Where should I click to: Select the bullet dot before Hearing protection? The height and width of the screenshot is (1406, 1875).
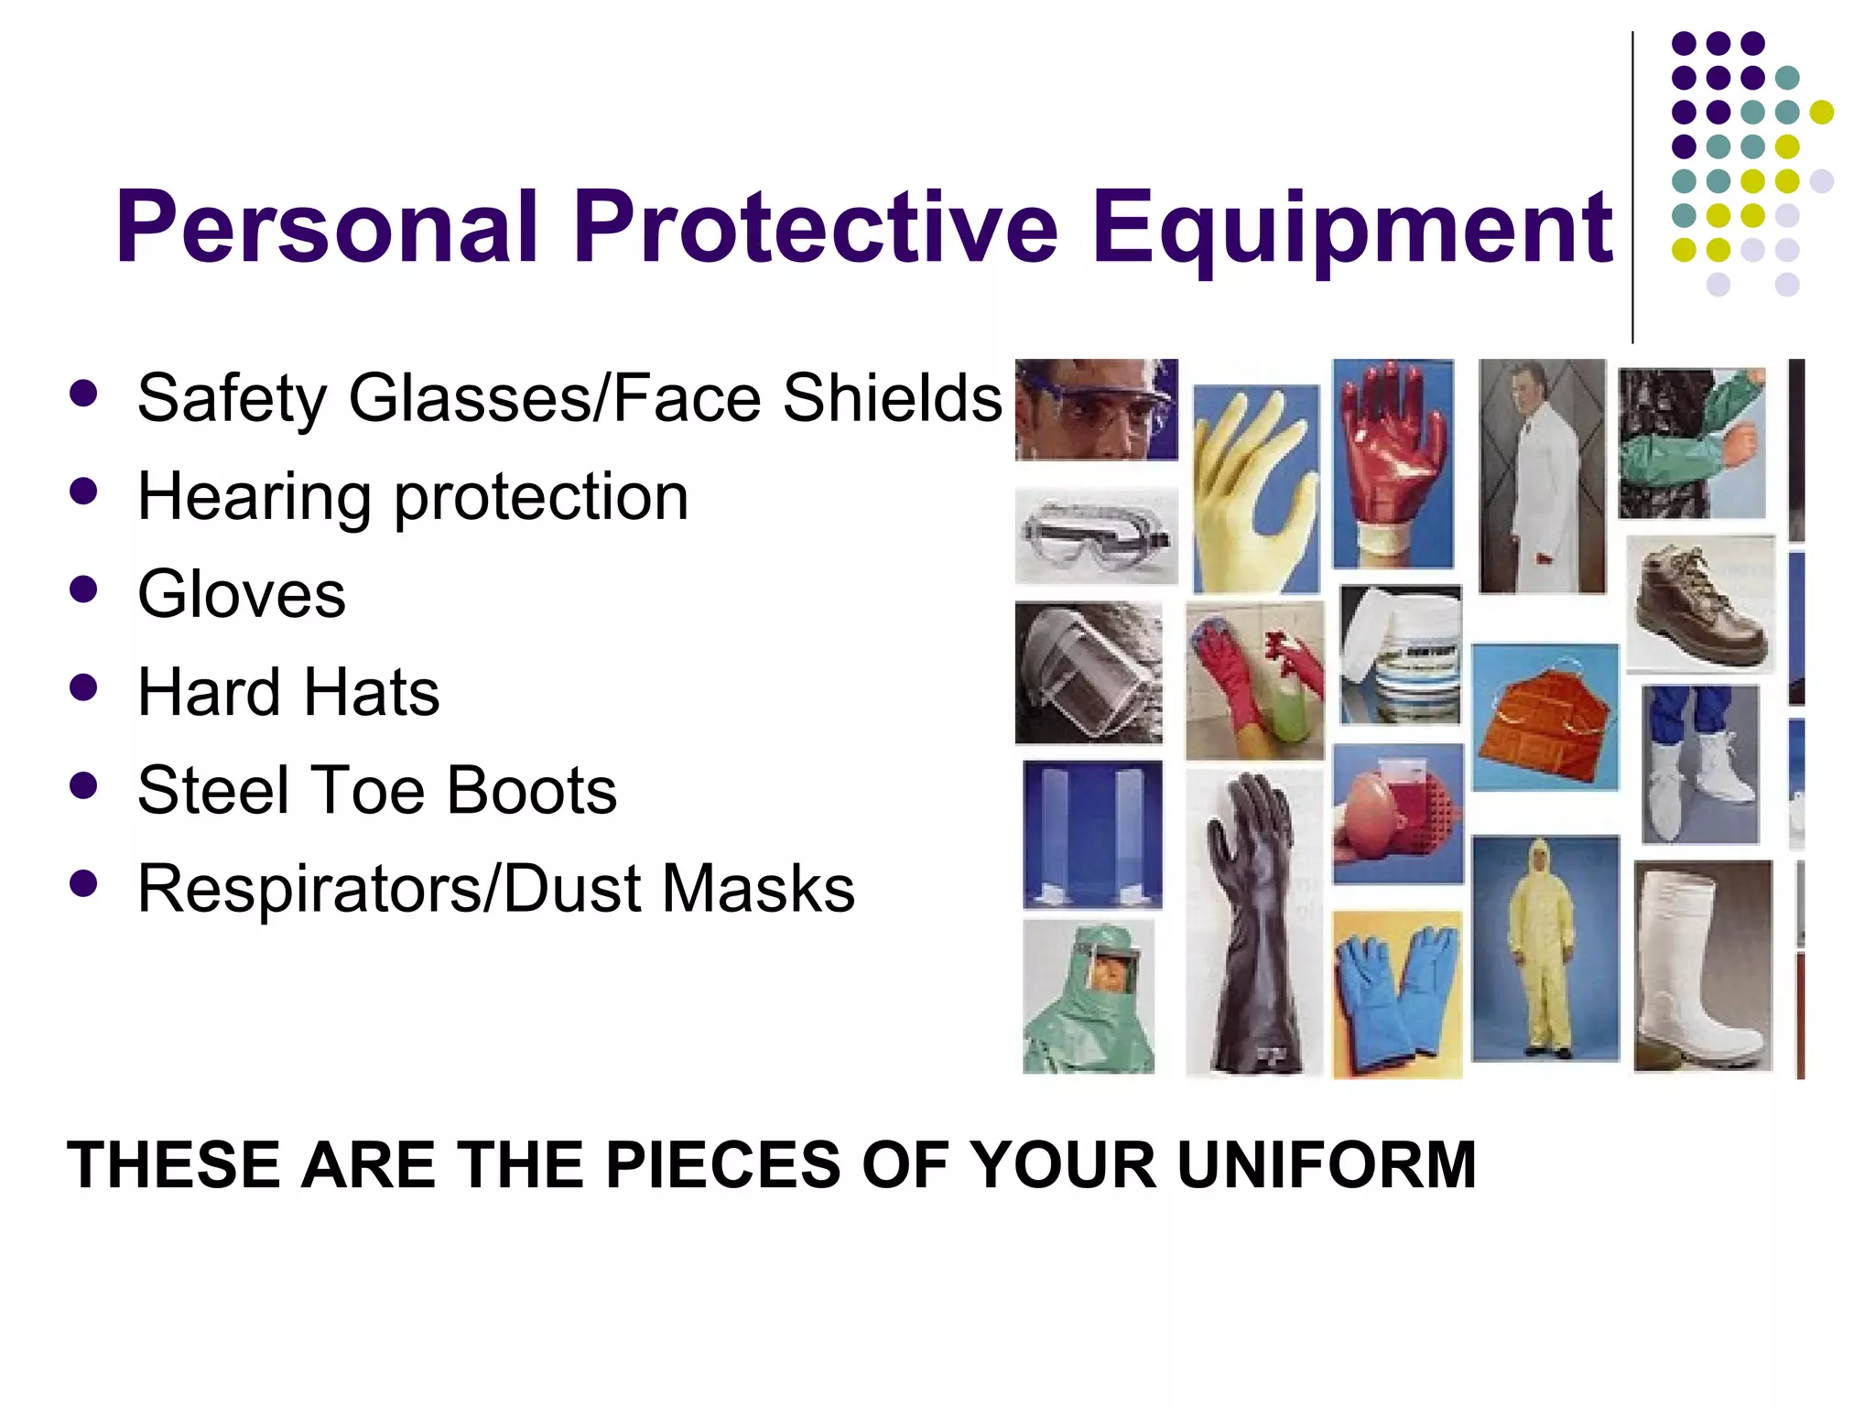coord(82,492)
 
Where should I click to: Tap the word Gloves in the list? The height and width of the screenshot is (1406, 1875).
coord(242,595)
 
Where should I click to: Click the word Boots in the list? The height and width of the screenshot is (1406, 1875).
coord(532,791)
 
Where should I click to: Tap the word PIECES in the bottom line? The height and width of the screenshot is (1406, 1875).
coord(722,1165)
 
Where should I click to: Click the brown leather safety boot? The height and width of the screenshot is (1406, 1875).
coord(1699,604)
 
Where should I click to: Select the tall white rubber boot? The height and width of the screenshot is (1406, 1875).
coord(1702,966)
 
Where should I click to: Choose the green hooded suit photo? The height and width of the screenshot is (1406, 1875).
coord(1089,998)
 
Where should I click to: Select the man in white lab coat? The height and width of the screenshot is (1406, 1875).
coord(1542,476)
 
